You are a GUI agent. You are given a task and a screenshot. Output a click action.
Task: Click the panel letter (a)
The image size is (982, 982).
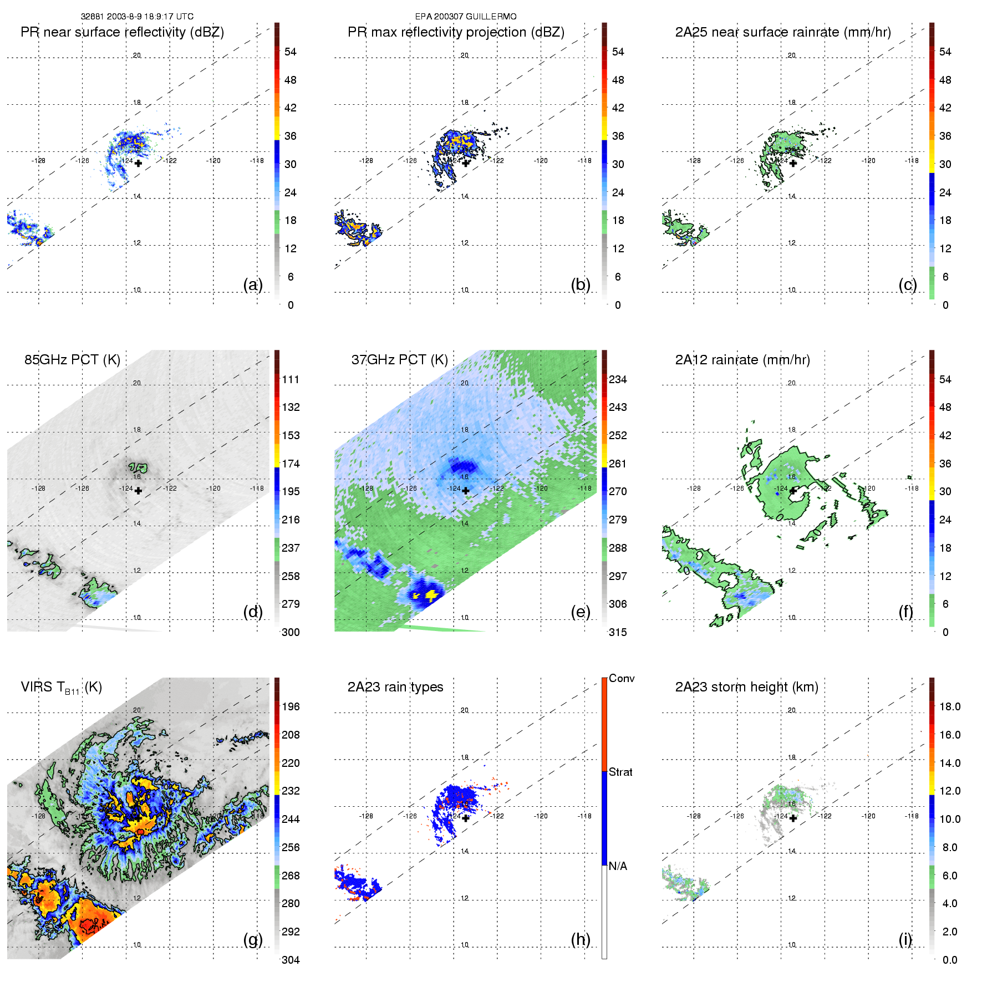253,284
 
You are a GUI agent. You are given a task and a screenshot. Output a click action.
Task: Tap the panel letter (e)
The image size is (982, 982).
580,612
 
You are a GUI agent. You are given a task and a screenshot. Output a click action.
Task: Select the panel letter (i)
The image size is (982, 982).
905,939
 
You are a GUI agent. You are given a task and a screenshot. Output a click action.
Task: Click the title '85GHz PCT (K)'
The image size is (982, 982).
72,360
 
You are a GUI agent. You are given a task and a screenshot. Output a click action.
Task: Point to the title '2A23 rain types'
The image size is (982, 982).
395,687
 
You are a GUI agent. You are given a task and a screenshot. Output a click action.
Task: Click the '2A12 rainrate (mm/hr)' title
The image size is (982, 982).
742,360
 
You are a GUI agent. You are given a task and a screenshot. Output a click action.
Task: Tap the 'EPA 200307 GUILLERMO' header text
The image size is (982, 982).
466,17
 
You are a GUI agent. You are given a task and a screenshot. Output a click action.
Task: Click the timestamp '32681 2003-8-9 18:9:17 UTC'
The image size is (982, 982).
137,17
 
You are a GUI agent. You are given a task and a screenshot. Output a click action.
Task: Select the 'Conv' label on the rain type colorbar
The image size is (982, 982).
622,678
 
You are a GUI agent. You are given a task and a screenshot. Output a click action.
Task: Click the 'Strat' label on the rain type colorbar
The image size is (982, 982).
620,772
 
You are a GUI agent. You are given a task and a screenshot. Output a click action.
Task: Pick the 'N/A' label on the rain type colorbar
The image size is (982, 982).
618,866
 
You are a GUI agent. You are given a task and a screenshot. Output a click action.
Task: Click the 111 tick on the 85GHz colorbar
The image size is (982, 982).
291,379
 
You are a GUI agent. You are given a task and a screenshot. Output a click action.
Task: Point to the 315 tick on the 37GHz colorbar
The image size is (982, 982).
618,632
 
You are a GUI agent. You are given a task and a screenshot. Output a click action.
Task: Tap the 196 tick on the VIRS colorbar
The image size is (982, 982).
291,706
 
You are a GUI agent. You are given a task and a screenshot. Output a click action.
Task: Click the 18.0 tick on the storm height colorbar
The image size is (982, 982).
950,706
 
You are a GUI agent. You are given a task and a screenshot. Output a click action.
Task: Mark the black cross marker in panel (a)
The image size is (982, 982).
138,163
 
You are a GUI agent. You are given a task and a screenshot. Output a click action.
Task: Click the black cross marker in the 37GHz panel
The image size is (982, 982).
466,491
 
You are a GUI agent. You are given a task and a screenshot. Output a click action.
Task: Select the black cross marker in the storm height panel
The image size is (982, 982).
793,818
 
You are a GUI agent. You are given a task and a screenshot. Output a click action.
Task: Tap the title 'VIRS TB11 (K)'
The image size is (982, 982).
61,688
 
